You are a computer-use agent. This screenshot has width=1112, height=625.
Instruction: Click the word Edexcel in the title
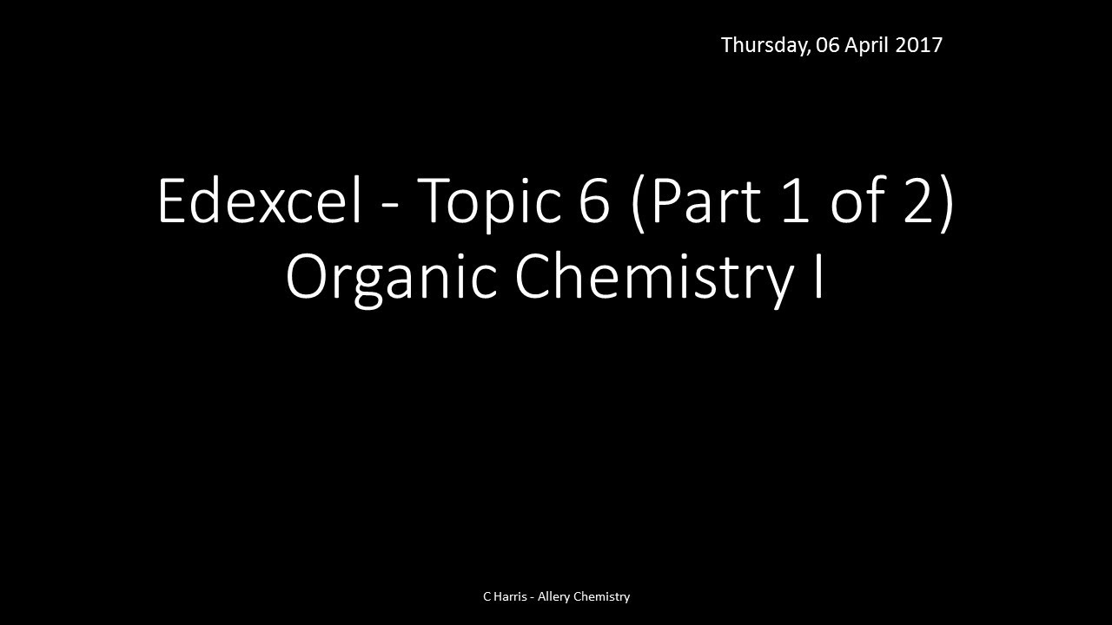click(x=259, y=201)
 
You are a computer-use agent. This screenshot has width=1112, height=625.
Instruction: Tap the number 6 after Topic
click(x=594, y=201)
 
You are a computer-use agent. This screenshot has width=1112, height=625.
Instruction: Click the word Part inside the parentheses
click(x=702, y=201)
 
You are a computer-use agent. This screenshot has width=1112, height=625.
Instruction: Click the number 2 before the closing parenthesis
click(x=918, y=201)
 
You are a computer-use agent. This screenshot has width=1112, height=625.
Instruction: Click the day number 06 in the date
click(x=828, y=45)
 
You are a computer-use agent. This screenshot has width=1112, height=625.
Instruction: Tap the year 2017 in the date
click(x=919, y=45)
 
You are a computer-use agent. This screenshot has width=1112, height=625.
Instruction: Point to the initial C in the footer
click(x=486, y=596)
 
